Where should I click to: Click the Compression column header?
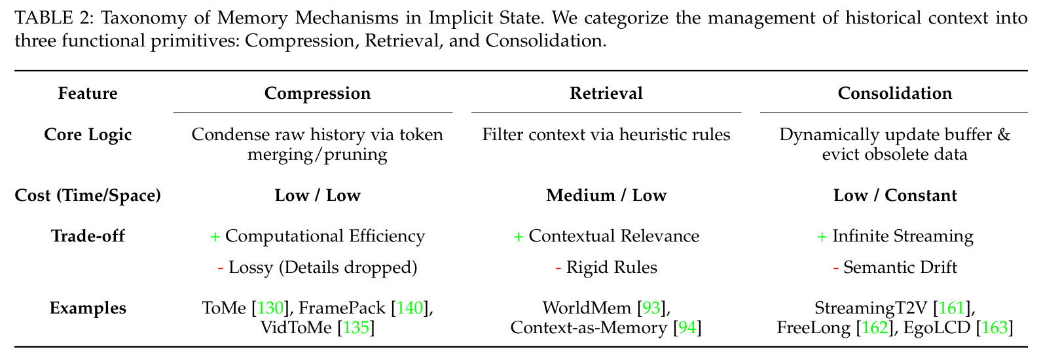coord(318,94)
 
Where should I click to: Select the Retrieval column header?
coord(606,94)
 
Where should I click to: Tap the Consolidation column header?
coord(894,94)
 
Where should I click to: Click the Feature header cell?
coord(88,94)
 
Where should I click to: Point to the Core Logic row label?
coord(88,135)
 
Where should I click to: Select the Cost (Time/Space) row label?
coord(88,195)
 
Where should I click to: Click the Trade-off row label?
coord(88,236)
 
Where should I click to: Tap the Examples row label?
coord(88,308)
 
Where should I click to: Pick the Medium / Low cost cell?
coord(606,195)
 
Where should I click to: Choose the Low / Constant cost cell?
coord(895,195)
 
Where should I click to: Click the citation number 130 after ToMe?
coord(270,308)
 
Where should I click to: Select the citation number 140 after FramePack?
coord(409,308)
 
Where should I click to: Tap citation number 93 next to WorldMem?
coord(651,308)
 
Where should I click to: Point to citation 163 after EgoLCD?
coord(995,328)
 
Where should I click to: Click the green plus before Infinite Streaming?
coord(822,237)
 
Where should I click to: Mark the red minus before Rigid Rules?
coord(558,268)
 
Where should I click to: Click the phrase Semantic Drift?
coord(900,268)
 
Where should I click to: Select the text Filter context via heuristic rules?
coord(606,135)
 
